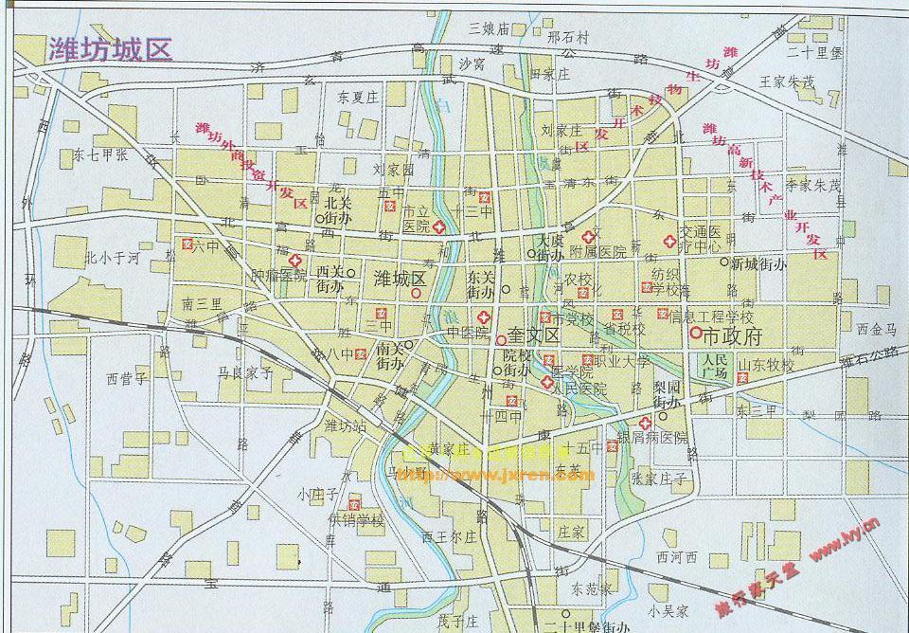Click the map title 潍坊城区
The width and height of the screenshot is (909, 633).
click(x=110, y=49)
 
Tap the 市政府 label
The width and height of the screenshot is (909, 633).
click(x=733, y=335)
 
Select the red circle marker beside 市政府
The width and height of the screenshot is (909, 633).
click(x=695, y=333)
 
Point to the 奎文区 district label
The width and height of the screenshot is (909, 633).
click(x=534, y=335)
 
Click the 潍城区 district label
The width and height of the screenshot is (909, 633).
click(x=401, y=280)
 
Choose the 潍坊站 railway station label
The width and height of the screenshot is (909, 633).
click(x=346, y=425)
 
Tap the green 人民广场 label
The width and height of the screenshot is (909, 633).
click(x=716, y=367)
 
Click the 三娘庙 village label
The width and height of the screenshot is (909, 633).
click(x=490, y=28)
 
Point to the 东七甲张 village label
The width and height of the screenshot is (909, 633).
click(x=100, y=154)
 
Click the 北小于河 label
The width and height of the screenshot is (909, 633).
click(x=112, y=257)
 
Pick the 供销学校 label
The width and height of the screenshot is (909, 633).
click(x=357, y=520)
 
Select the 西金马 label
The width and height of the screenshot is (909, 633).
click(x=875, y=330)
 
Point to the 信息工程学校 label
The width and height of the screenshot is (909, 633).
click(x=712, y=316)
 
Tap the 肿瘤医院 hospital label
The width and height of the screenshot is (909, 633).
click(x=279, y=277)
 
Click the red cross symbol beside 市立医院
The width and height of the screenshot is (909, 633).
click(x=440, y=228)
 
